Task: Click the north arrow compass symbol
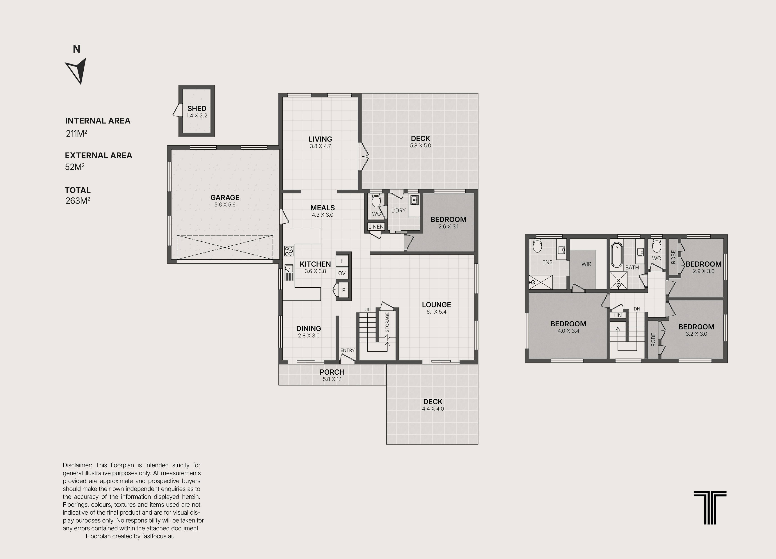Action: point(77,71)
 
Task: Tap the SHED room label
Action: point(197,108)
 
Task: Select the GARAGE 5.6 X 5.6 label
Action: point(225,201)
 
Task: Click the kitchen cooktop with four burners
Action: point(289,251)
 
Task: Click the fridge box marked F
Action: point(342,261)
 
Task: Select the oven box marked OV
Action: point(342,273)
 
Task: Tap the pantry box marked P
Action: point(343,290)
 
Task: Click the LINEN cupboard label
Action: point(376,227)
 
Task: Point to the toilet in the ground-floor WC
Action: point(376,201)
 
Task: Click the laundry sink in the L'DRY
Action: point(414,200)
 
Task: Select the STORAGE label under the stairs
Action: point(387,322)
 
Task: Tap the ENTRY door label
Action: point(347,350)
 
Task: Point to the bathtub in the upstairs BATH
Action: point(617,255)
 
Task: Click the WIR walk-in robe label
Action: point(586,264)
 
